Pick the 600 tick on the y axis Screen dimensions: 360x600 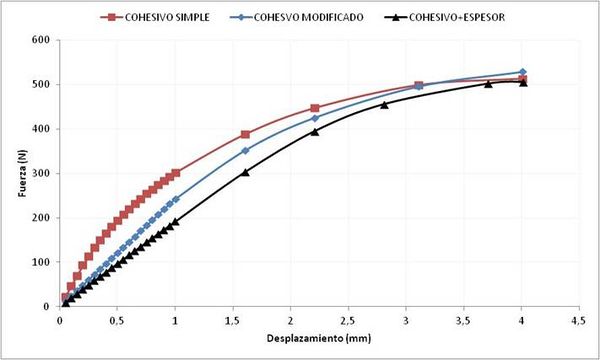point(42,40)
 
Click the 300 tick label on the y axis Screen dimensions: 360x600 point(42,173)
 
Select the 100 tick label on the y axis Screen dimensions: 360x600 point(42,262)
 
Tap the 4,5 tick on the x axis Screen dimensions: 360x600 point(578,320)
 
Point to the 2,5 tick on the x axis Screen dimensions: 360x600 point(348,320)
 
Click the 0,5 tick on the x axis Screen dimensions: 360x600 point(117,320)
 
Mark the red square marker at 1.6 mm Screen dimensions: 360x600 point(245,134)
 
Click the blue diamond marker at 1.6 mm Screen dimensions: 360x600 point(245,151)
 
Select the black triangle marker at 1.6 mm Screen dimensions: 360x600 point(245,172)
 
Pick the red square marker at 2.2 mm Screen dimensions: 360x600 point(314,108)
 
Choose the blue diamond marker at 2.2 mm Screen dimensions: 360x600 point(314,118)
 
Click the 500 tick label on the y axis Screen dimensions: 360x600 point(42,84)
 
